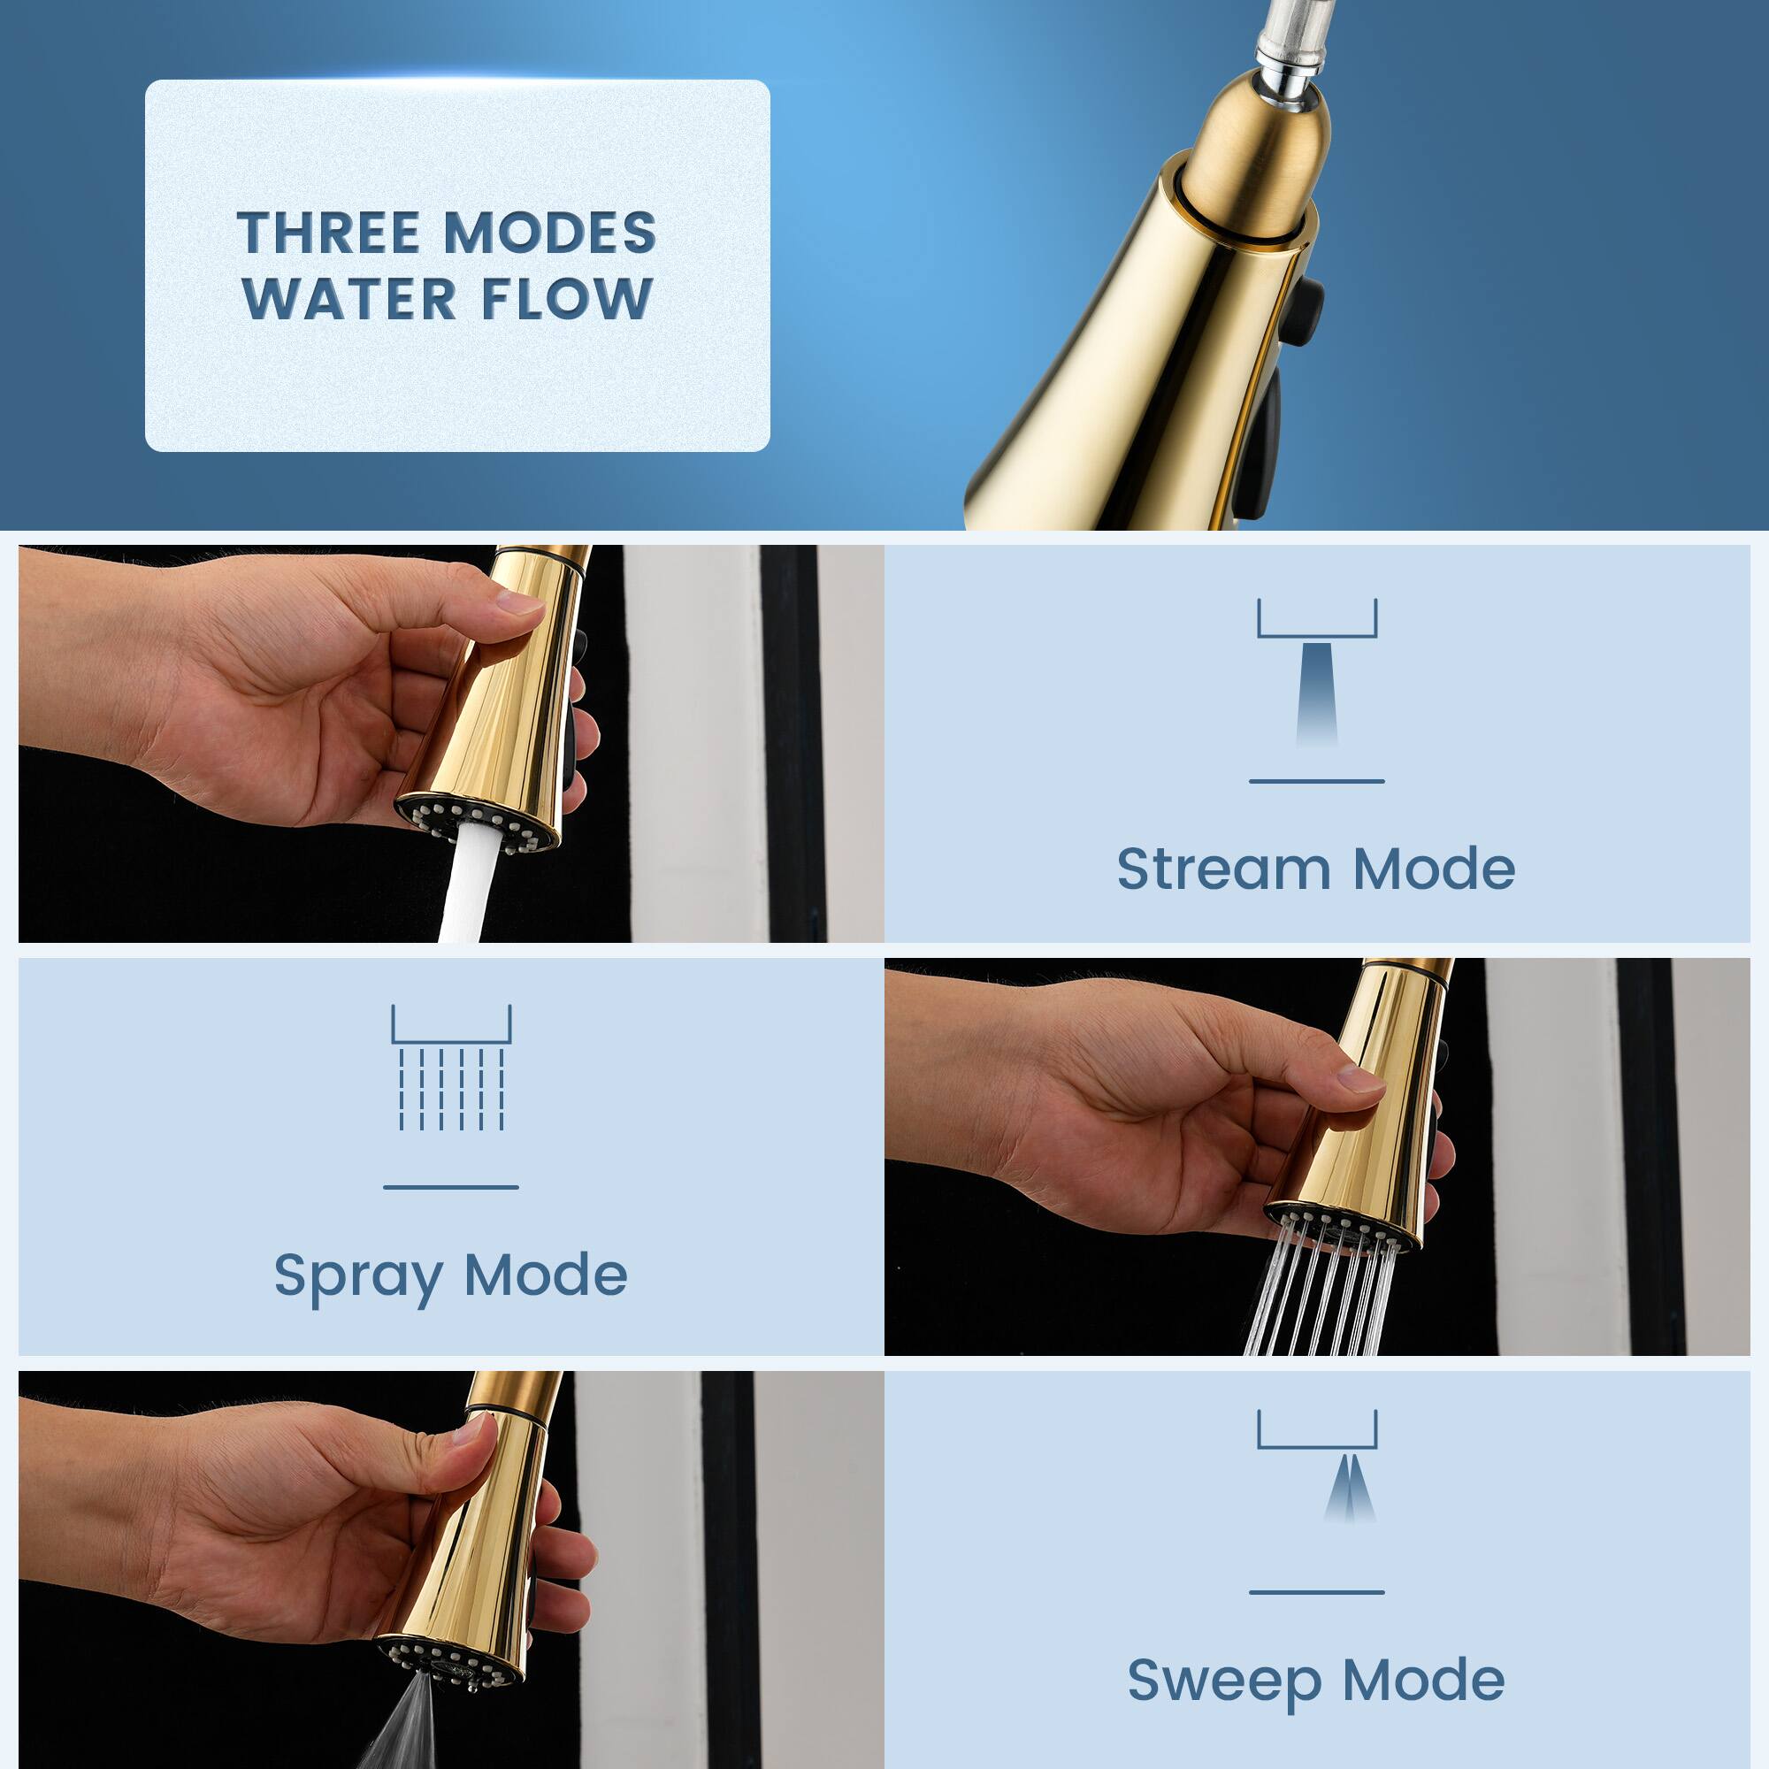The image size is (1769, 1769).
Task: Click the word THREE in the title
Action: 328,233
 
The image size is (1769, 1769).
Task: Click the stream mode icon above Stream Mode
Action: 1317,673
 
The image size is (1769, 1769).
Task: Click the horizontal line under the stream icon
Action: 1317,781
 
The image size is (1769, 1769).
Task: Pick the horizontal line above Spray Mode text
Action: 450,1187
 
